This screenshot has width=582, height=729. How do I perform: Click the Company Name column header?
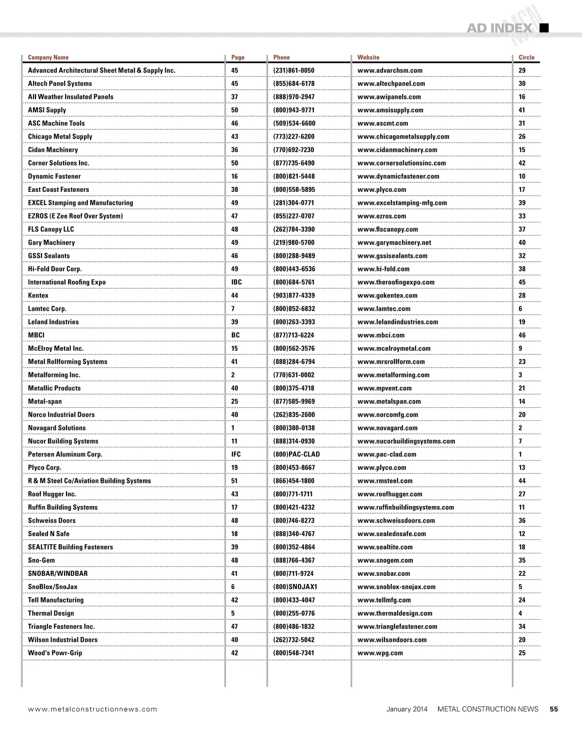(x=48, y=57)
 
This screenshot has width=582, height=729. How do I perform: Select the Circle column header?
(x=526, y=57)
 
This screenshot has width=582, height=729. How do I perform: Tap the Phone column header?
(x=281, y=57)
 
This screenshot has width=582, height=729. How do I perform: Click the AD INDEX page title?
(x=499, y=28)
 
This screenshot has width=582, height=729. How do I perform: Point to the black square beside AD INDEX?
(x=544, y=28)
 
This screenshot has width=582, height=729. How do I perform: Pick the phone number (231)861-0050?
(x=293, y=70)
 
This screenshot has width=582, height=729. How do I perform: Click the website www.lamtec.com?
(x=384, y=309)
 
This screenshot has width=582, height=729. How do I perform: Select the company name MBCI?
(x=36, y=335)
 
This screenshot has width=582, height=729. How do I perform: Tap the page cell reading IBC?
(x=236, y=282)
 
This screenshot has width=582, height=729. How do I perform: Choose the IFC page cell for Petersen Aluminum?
(x=236, y=454)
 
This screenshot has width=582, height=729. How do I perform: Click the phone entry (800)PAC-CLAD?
(x=296, y=454)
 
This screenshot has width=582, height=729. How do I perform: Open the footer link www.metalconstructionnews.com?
(x=93, y=709)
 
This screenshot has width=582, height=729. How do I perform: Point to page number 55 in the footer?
(x=554, y=709)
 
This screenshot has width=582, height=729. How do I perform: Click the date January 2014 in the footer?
(x=407, y=709)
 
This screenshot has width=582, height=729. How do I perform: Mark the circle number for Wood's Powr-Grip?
(x=522, y=653)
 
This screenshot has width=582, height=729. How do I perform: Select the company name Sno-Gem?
(x=41, y=560)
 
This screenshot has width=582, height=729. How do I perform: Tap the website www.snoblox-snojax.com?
(x=396, y=587)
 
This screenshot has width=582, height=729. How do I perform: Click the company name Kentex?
(x=38, y=295)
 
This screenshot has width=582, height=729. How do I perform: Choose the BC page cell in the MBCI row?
(x=235, y=335)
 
